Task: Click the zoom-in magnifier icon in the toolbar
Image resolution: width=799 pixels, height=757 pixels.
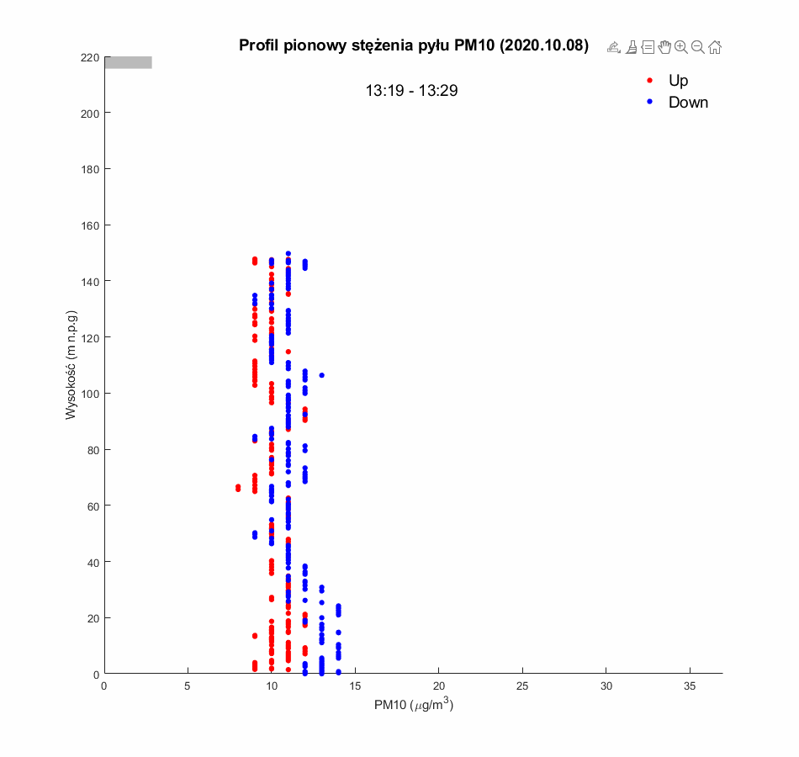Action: click(681, 47)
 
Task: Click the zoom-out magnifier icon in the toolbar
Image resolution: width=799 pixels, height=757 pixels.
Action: click(697, 47)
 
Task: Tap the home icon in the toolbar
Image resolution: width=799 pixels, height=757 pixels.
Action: click(714, 47)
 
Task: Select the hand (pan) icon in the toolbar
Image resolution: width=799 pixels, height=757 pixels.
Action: click(664, 47)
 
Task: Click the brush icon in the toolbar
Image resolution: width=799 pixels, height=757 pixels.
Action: click(631, 47)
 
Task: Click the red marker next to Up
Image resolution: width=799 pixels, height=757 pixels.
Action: click(649, 81)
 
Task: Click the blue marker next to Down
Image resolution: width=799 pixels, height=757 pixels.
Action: click(649, 103)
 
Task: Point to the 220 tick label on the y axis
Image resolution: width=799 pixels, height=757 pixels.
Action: click(90, 57)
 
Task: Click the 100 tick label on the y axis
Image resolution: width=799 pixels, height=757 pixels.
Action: click(90, 394)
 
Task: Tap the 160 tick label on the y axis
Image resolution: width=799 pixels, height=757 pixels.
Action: click(90, 225)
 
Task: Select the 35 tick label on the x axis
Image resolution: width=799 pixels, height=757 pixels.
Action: click(690, 686)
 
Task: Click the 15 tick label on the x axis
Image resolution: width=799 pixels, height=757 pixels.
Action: click(355, 686)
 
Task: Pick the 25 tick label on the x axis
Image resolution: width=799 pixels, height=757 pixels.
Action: click(522, 686)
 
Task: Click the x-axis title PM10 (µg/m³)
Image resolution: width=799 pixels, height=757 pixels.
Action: click(414, 706)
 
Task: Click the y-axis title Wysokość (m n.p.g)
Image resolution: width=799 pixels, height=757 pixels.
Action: click(72, 365)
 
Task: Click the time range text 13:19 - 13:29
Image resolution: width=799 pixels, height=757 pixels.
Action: click(411, 91)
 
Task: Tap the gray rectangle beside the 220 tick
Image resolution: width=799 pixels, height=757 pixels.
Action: click(128, 62)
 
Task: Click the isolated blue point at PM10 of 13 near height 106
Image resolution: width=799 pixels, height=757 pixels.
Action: click(321, 375)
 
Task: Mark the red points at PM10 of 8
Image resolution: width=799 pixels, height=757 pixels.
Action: click(238, 488)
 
